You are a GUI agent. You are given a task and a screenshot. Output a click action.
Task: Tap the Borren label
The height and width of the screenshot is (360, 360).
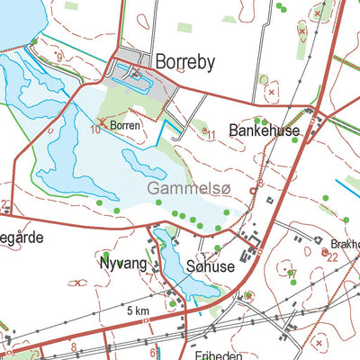(x=125, y=126)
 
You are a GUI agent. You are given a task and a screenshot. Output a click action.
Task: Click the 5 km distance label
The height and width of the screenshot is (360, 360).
(x=138, y=310)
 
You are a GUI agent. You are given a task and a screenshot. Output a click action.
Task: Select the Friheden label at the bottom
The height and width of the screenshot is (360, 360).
(x=193, y=355)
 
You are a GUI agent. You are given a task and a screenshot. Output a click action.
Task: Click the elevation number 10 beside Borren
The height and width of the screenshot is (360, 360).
(x=94, y=130)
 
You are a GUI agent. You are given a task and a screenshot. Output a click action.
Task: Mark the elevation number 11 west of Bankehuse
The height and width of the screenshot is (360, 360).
(x=211, y=136)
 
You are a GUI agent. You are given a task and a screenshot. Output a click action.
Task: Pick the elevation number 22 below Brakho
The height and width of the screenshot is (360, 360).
(x=332, y=256)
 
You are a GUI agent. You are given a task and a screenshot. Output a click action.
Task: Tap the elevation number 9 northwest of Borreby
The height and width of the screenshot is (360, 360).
(x=59, y=58)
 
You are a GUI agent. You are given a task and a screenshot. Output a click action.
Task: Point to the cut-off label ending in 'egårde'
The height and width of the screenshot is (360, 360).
(x=20, y=241)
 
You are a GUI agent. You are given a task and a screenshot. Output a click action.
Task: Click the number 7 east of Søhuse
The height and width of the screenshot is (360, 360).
(x=291, y=274)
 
